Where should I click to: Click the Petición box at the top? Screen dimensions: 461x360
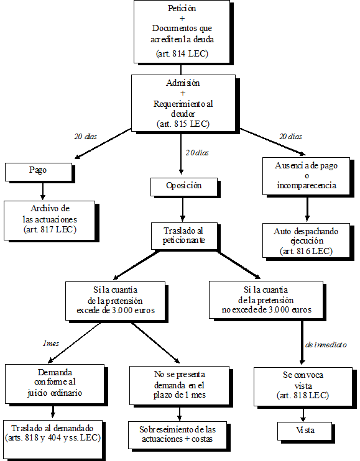pyautogui.click(x=182, y=31)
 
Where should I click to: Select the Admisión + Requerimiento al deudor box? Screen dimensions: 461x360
pyautogui.click(x=183, y=103)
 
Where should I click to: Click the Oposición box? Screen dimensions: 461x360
pyautogui.click(x=185, y=186)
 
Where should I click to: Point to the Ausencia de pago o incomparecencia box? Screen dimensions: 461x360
pyautogui.click(x=307, y=176)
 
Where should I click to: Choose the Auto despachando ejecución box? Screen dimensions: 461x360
pyautogui.click(x=307, y=241)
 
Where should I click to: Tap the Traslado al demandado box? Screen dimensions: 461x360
pyautogui.click(x=54, y=433)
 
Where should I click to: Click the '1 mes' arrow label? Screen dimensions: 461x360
pyautogui.click(x=51, y=343)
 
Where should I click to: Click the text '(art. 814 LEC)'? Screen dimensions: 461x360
pyautogui.click(x=182, y=54)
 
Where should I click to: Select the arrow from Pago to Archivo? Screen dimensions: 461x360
pyautogui.click(x=43, y=189)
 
